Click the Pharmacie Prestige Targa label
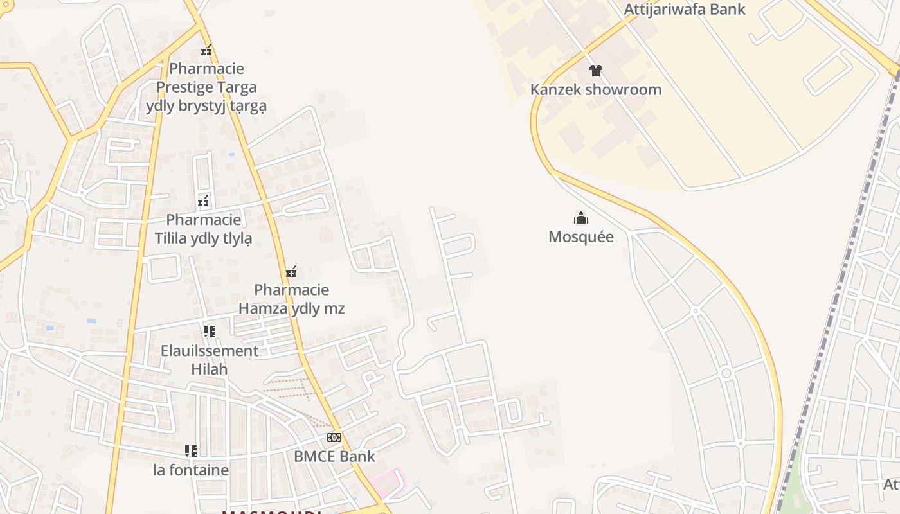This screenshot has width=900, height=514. coord(206,87)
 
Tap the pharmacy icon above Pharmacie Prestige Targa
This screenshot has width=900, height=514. coord(206,50)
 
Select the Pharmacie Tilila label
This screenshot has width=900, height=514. coord(203,229)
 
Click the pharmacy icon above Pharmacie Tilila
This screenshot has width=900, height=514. coord(204,201)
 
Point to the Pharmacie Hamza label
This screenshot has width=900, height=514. coord(291,299)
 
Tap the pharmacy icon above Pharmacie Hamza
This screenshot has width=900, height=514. coord(291,272)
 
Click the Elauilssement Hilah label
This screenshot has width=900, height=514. coord(210,360)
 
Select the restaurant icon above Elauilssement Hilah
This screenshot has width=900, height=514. coord(210,332)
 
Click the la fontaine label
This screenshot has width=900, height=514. coord(191,470)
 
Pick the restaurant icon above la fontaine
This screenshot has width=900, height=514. coord(191,450)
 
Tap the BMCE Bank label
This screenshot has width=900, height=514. coord(334,456)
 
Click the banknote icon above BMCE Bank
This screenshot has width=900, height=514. coord(334,438)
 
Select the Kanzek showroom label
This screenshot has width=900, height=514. coord(596,89)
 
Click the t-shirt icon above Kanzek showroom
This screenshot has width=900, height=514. coord(596,70)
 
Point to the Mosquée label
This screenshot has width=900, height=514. coord(581,236)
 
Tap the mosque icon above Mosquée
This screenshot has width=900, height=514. coord(581,218)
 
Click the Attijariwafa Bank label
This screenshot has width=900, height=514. coord(685,9)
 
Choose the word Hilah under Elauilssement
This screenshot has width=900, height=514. coord(210,369)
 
